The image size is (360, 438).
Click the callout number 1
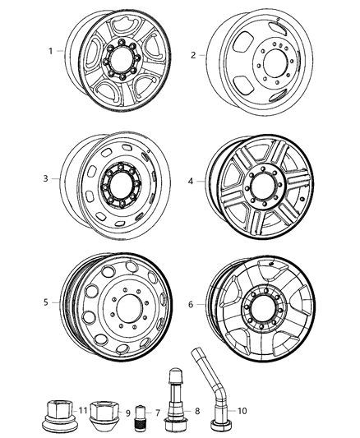point(51,51)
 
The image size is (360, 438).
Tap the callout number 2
point(192,55)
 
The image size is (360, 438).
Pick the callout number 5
point(47,302)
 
